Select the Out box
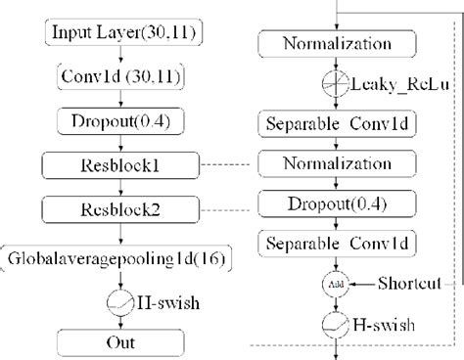(x=119, y=342)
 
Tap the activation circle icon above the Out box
(x=119, y=301)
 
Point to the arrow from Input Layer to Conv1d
(x=119, y=54)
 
